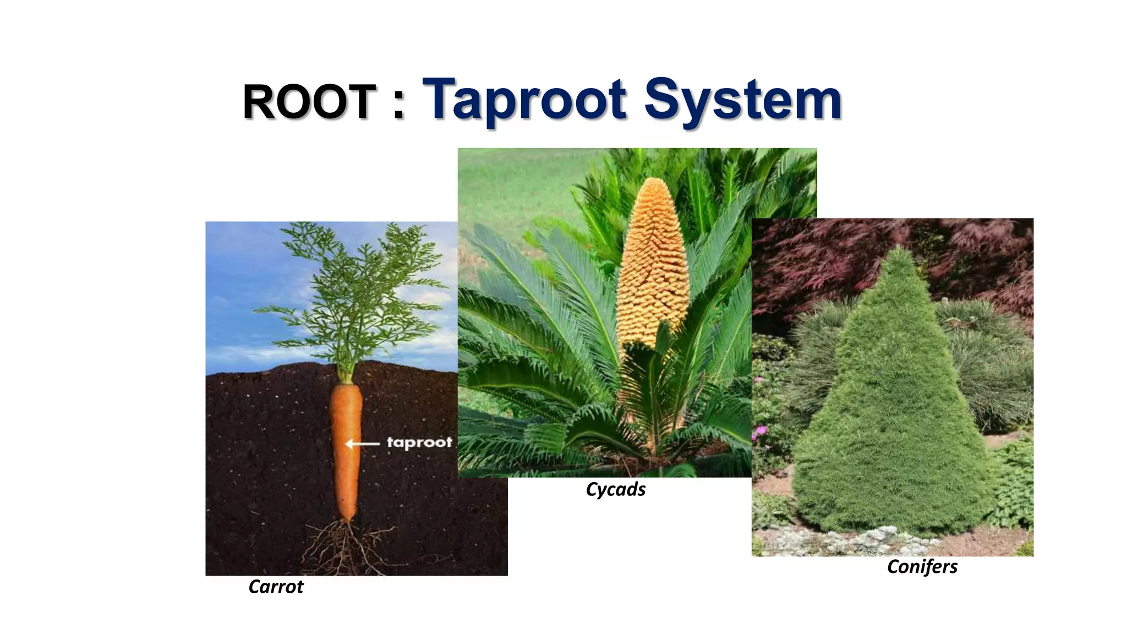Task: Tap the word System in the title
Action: tap(743, 100)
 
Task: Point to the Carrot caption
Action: tap(276, 587)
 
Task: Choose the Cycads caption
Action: tap(615, 489)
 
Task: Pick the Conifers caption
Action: tap(922, 567)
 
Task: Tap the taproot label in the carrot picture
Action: tap(419, 442)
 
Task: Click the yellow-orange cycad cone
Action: tap(653, 264)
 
